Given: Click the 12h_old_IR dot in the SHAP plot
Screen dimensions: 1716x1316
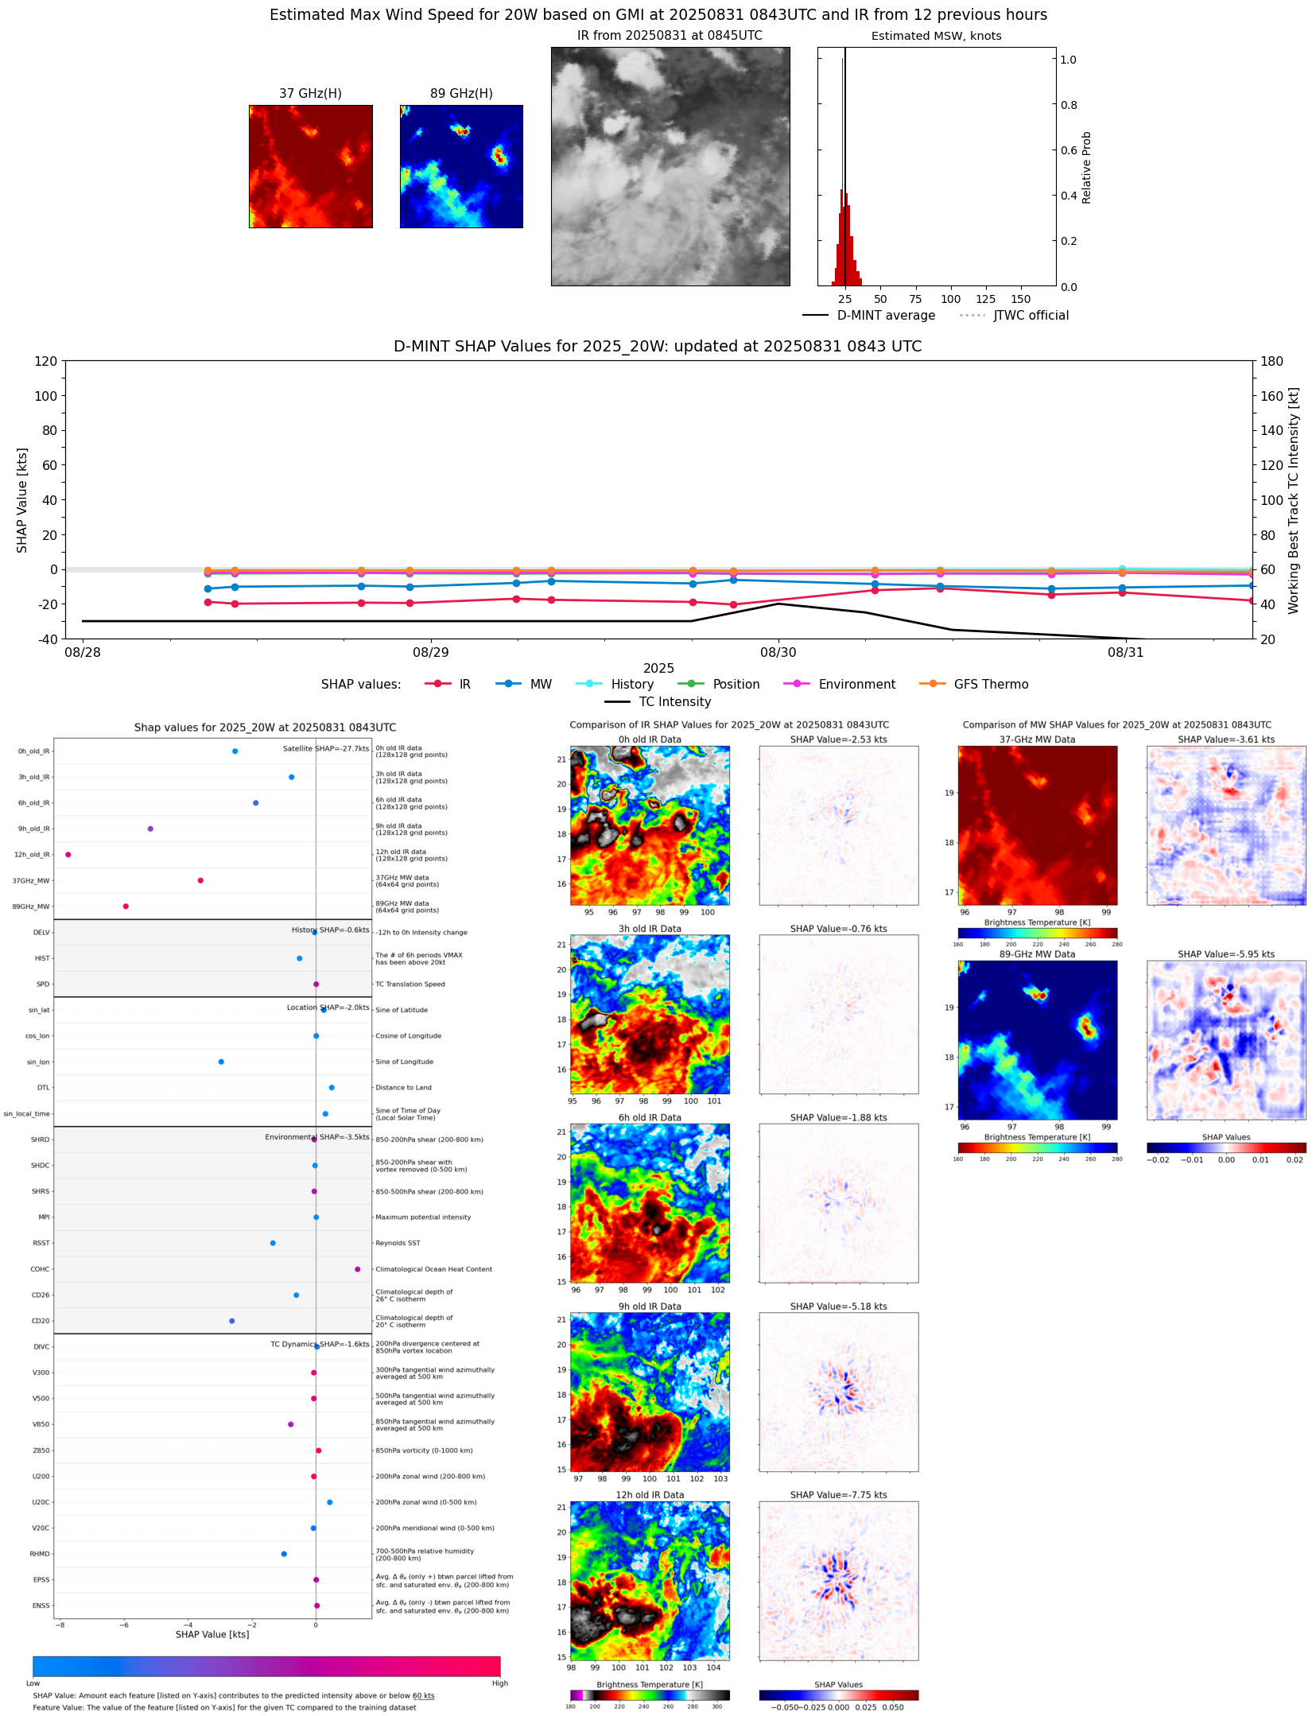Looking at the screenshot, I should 68,855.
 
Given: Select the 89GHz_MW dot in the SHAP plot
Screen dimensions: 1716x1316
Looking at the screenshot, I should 126,907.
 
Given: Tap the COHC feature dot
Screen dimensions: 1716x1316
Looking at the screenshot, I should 357,1269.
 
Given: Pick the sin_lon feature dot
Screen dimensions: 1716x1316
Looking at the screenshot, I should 221,1062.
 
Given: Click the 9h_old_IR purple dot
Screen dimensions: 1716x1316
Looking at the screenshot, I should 150,829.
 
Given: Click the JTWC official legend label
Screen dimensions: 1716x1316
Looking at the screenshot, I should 1031,316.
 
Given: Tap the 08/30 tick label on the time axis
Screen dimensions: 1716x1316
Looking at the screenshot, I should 778,653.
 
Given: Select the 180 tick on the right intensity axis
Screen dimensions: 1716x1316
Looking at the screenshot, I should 1271,361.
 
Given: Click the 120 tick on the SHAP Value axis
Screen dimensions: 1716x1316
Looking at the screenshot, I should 45,361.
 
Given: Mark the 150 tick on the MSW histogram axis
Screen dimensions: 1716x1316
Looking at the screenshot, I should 1021,300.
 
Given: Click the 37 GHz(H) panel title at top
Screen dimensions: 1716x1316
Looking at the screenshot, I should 310,94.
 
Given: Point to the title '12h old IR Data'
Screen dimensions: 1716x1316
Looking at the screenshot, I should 650,1495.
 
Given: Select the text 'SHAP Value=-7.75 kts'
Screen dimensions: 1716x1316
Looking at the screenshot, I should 838,1495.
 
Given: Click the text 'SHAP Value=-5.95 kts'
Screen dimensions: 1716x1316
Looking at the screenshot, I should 1225,954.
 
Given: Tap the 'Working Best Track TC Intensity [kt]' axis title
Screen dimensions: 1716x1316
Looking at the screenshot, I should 1294,501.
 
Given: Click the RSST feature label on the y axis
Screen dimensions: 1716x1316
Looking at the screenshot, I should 41,1243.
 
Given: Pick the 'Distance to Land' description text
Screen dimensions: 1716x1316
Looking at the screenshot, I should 403,1088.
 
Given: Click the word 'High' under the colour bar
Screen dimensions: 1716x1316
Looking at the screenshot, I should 499,1683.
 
